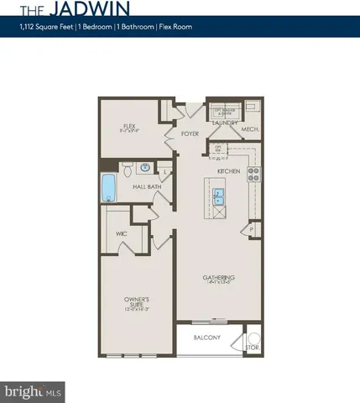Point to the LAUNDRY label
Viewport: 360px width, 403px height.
(226, 123)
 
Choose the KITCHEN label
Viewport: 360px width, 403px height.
(229, 170)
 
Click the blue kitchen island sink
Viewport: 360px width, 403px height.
(218, 196)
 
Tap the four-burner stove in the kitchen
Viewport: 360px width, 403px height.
(254, 175)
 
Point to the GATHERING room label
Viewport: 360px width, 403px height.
(218, 278)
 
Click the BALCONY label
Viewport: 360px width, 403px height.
(206, 338)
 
